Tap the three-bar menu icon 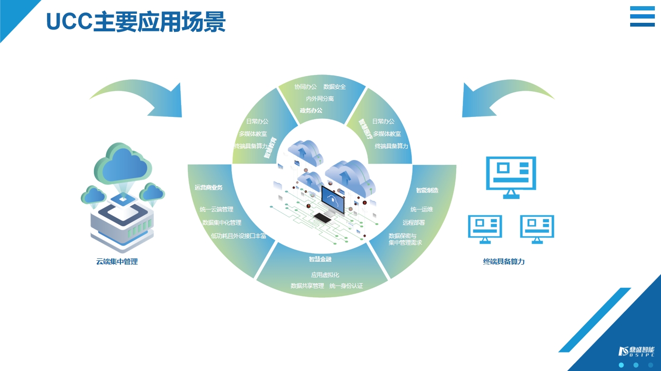click(x=642, y=17)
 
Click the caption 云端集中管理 click(x=117, y=262)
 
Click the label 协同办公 click(x=305, y=87)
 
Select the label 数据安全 click(x=334, y=87)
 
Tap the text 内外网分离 click(x=320, y=99)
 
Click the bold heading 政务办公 click(x=311, y=111)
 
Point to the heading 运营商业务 click(x=209, y=188)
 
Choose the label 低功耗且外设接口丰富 click(x=239, y=236)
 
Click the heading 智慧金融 click(x=320, y=259)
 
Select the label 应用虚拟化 click(x=325, y=275)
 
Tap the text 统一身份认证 click(x=346, y=286)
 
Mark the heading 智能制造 click(x=427, y=190)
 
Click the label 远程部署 click(x=413, y=222)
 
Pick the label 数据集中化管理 click(x=222, y=222)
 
